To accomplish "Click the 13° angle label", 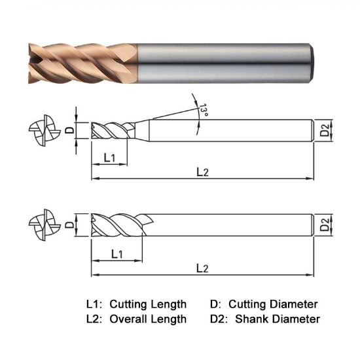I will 204,111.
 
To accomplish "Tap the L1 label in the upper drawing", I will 110,158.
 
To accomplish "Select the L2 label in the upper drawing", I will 202,171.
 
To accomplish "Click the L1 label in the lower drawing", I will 118,253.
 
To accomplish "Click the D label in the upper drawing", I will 69,130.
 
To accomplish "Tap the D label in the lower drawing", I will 69,226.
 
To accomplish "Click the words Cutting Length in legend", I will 148,304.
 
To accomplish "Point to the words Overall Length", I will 148,319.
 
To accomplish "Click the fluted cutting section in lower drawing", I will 118,226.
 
